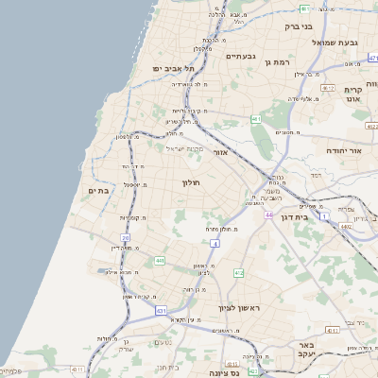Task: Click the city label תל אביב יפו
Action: point(166,70)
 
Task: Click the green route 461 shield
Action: point(256,119)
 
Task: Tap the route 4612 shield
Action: point(328,88)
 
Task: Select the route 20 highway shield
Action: point(125,238)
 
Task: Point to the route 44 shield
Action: point(268,215)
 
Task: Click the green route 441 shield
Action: point(161,260)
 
